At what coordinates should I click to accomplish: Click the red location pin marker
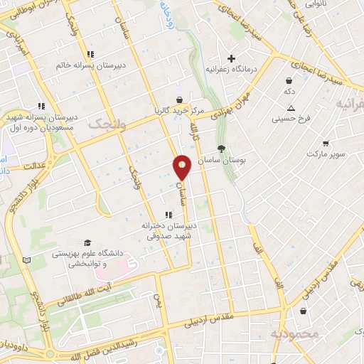coord(182,167)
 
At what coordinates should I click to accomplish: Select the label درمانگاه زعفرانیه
coord(230,70)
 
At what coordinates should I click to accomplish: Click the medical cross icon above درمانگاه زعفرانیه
coord(230,58)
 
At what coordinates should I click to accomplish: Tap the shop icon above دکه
coord(289,80)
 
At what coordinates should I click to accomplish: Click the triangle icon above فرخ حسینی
coord(290,107)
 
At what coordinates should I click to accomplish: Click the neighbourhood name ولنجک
coord(106,123)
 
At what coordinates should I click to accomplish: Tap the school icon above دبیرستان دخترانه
coord(168,214)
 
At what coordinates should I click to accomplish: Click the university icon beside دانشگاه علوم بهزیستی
coord(87,244)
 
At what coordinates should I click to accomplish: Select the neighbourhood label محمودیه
coord(292,333)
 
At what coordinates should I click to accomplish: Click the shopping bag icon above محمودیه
coord(304,311)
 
